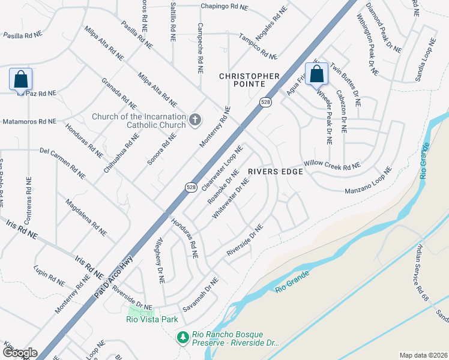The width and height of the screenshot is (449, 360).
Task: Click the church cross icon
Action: click(194, 121)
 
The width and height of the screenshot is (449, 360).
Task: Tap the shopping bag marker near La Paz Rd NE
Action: click(20, 79)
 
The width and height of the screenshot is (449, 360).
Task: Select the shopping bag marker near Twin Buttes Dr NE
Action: click(317, 74)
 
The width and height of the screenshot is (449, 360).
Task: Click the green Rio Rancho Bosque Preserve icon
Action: click(182, 338)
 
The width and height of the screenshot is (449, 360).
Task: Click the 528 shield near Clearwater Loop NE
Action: click(190, 187)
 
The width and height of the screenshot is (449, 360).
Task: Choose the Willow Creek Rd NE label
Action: click(332, 164)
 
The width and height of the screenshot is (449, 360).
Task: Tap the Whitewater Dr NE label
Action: click(230, 198)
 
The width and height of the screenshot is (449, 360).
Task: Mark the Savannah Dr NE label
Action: click(197, 294)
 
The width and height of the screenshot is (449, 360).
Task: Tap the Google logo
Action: click(20, 353)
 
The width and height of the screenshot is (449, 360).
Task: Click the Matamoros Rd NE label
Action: click(29, 121)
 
